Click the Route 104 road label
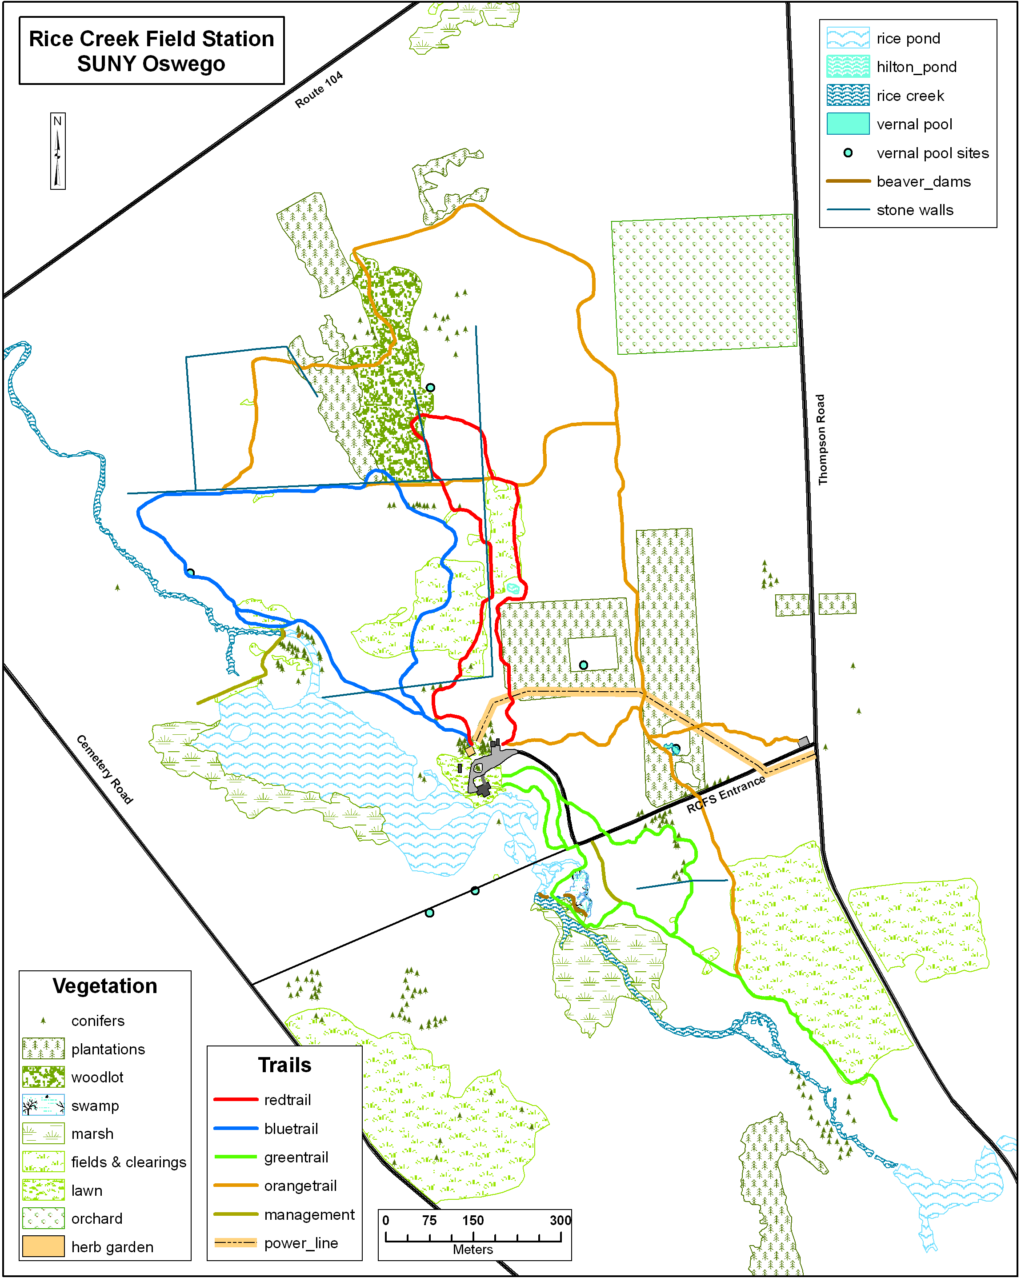click(x=319, y=90)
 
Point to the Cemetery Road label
click(x=104, y=769)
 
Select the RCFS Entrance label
click(x=725, y=794)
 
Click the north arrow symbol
click(x=58, y=152)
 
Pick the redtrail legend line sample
click(x=236, y=1099)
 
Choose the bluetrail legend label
click(x=291, y=1128)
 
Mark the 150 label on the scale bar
click(x=473, y=1220)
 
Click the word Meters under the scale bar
click(x=473, y=1249)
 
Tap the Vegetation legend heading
click(x=104, y=986)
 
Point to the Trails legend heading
click(x=284, y=1065)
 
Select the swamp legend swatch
click(x=44, y=1105)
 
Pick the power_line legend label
click(x=301, y=1243)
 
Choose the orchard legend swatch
click(x=44, y=1218)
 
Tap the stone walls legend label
click(x=915, y=210)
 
